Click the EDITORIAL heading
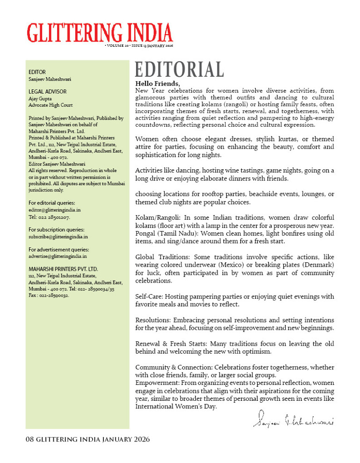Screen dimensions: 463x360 [179, 70]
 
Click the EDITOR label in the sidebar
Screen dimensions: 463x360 [37, 72]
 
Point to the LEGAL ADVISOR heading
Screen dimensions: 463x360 [48, 92]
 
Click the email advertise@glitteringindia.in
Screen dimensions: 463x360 [58, 256]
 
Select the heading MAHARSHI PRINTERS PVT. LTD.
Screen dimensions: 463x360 [63, 269]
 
